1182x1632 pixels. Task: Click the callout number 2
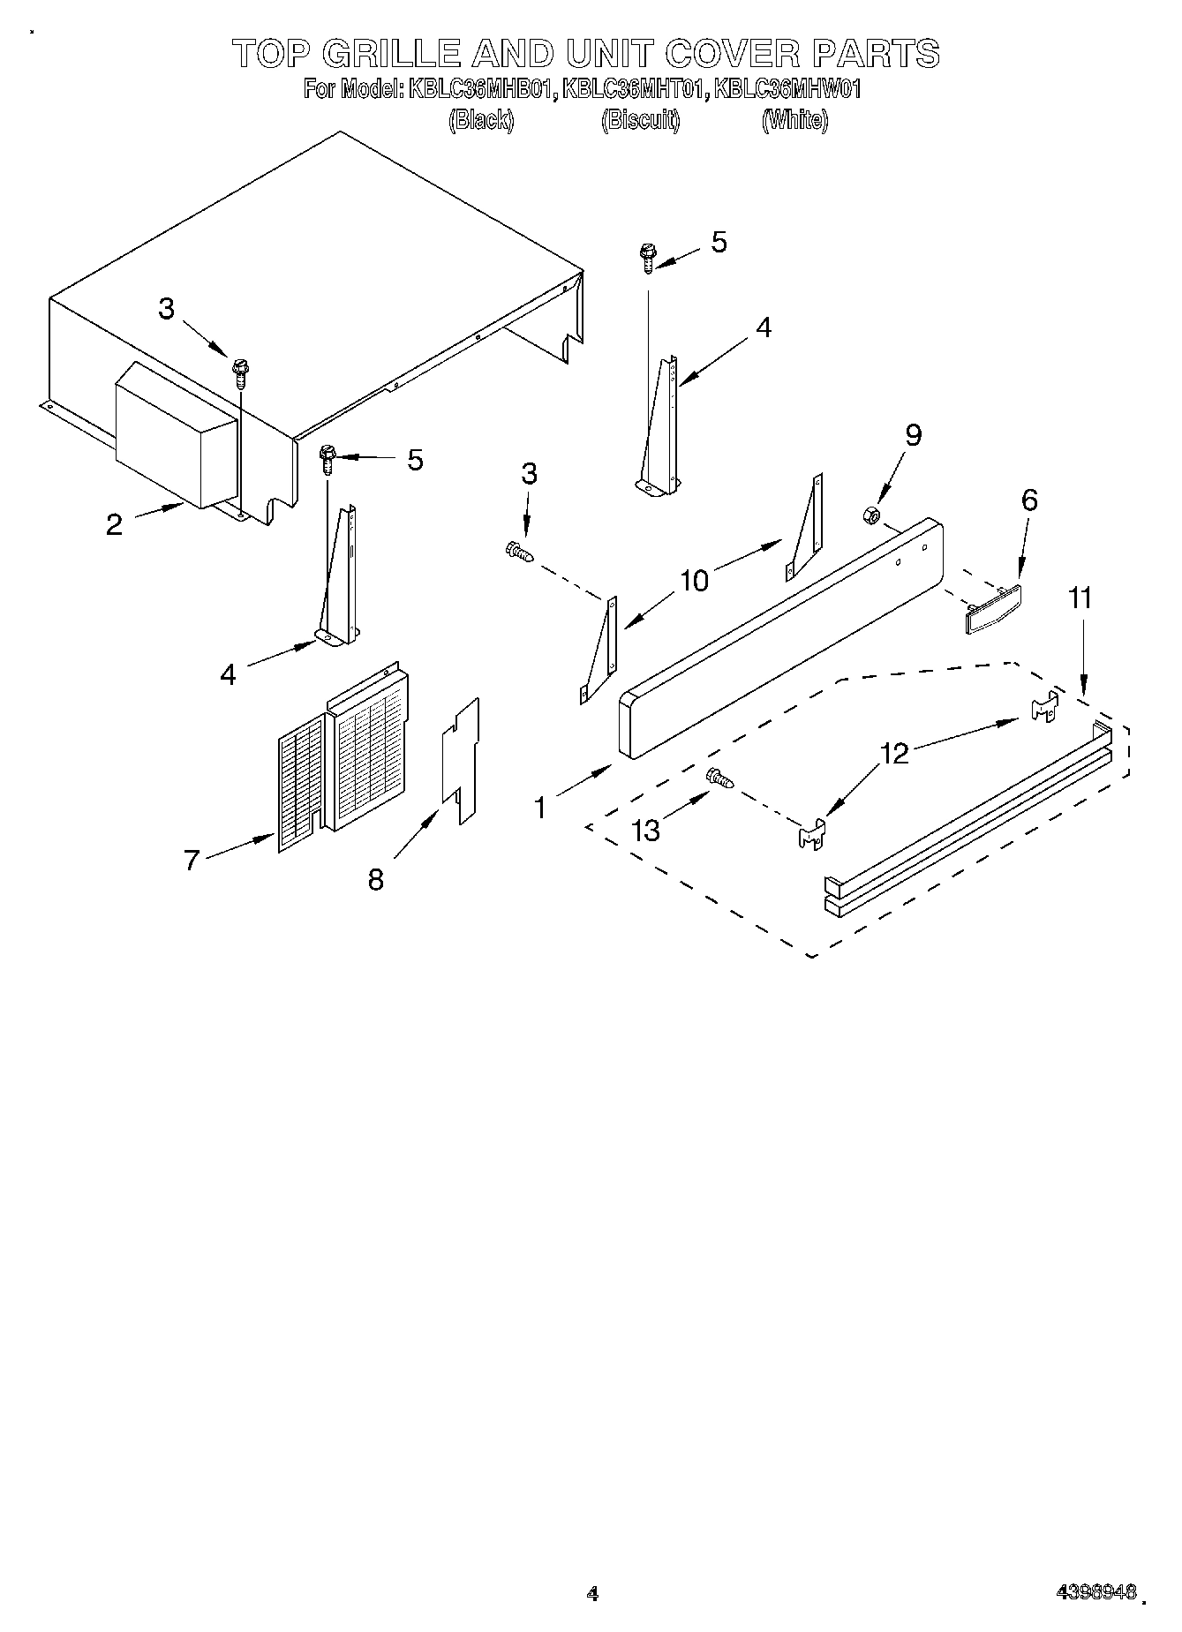pyautogui.click(x=114, y=524)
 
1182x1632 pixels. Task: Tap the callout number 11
pyautogui.click(x=1080, y=598)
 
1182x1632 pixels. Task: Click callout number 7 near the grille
pyautogui.click(x=192, y=859)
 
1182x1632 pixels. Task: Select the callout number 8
pyautogui.click(x=376, y=879)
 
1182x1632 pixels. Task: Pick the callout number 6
pyautogui.click(x=1029, y=500)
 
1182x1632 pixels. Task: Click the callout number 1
pyautogui.click(x=540, y=807)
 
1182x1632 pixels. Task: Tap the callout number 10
pyautogui.click(x=695, y=581)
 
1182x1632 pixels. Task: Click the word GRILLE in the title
pyautogui.click(x=391, y=54)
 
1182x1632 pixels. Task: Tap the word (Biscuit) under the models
pyautogui.click(x=640, y=120)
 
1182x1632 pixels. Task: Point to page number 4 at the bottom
pyautogui.click(x=592, y=1593)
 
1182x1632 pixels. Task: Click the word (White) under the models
pyautogui.click(x=794, y=120)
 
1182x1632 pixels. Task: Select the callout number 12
pyautogui.click(x=894, y=754)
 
